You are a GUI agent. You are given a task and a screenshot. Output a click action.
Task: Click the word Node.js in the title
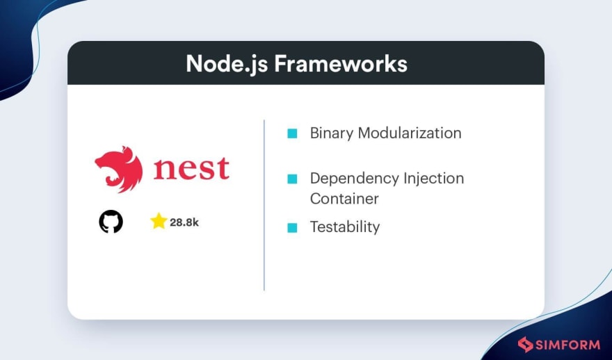point(227,65)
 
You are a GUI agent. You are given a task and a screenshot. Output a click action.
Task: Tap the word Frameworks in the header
point(341,63)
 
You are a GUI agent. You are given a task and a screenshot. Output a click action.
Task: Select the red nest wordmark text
point(191,168)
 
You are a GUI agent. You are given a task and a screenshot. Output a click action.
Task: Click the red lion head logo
point(119,169)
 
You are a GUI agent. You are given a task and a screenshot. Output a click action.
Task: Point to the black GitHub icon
point(111,222)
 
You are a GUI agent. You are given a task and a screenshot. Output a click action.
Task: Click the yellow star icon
point(159,221)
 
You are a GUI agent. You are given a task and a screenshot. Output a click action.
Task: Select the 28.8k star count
point(184,222)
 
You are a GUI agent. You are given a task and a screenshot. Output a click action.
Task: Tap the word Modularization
point(410,133)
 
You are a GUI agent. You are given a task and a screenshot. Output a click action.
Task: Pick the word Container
point(344,199)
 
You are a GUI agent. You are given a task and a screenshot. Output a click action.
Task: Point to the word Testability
point(345,227)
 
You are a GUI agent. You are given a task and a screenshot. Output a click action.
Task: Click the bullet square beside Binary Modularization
point(292,133)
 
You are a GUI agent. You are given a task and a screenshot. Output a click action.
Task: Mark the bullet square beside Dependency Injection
point(292,179)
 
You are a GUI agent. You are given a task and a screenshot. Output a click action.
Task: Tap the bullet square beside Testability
point(292,227)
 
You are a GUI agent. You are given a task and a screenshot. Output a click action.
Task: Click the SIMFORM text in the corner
point(568,345)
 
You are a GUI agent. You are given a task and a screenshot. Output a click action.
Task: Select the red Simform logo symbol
point(525,345)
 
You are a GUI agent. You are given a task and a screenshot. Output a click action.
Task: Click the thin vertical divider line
point(264,205)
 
